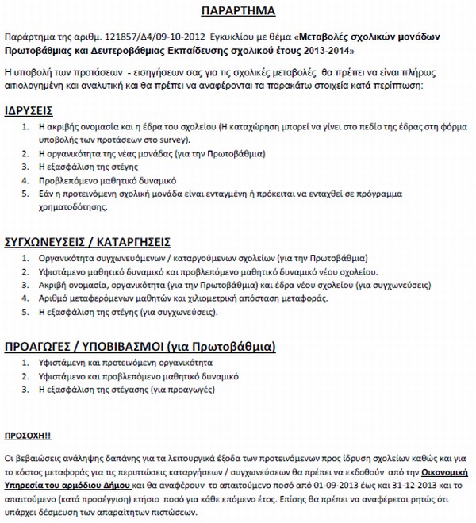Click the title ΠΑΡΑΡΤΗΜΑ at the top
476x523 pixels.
238,11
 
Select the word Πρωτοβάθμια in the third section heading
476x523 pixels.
237,347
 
